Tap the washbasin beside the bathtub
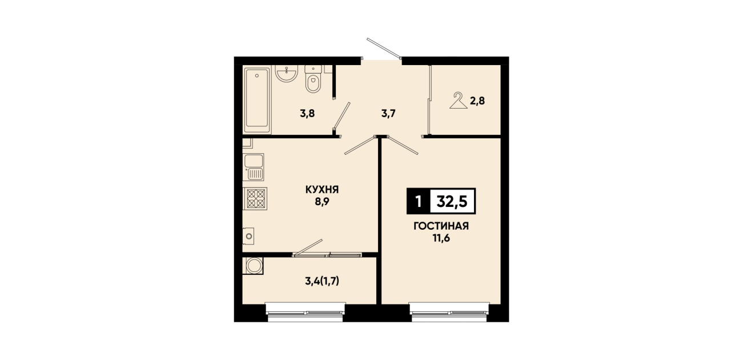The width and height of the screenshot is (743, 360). coord(286,73)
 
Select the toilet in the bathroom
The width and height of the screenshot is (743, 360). coord(313,79)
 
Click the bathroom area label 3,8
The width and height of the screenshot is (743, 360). coord(307,114)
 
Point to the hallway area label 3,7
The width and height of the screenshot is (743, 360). coord(388,114)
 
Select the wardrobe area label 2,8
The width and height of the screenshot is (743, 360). coord(477,101)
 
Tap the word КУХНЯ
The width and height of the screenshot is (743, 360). coord(322,190)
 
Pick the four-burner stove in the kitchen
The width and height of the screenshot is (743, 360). coord(255,198)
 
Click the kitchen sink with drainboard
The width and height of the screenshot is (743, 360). coord(254,167)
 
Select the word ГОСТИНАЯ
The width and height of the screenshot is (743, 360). coord(441,226)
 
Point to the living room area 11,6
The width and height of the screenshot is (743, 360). coord(441,238)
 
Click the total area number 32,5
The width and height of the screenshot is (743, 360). coord(452,201)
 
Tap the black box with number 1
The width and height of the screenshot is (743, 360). coord(419,201)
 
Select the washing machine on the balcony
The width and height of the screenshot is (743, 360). coord(253,266)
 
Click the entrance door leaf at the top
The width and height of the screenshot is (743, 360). coord(384,49)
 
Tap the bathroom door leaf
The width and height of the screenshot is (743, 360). coord(342,115)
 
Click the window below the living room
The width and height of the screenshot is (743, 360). coord(449,313)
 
